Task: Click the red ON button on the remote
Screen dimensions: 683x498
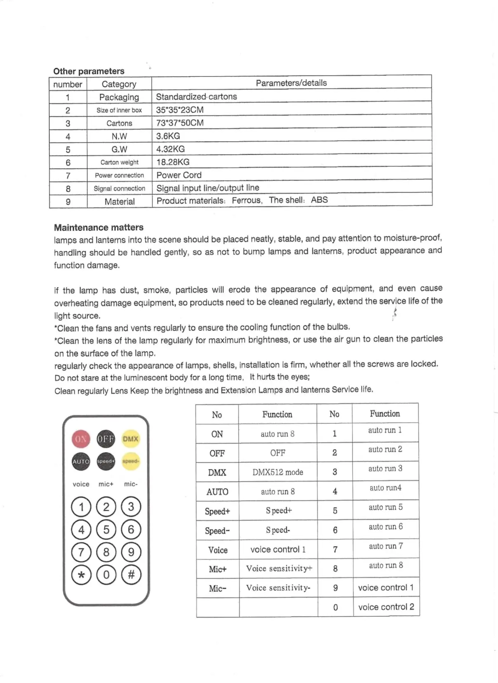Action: click(x=81, y=439)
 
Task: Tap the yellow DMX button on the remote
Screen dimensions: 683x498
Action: click(x=130, y=439)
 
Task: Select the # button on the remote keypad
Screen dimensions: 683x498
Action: click(x=131, y=575)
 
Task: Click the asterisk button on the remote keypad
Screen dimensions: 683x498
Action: click(x=81, y=575)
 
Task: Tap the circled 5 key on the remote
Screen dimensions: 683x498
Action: click(x=106, y=529)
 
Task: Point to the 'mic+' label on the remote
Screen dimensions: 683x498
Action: click(x=106, y=484)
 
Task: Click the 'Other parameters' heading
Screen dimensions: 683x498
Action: click(x=89, y=71)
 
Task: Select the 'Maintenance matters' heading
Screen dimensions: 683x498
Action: click(x=99, y=227)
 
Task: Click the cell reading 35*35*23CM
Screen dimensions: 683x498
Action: click(x=180, y=110)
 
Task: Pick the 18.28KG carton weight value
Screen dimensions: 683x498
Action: click(x=173, y=162)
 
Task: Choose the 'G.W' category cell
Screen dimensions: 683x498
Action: click(x=119, y=149)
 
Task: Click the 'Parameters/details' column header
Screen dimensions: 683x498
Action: click(x=291, y=83)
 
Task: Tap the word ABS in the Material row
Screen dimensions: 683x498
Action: click(x=319, y=200)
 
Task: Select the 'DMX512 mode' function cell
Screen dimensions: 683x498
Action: click(x=278, y=472)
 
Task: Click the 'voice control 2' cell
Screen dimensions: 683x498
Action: click(x=386, y=607)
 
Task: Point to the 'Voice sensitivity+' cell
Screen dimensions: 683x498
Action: click(x=279, y=569)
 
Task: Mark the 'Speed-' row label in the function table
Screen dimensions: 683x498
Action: click(x=217, y=531)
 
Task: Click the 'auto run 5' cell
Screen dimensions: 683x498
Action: click(x=385, y=507)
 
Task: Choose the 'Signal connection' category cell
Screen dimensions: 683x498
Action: click(x=119, y=188)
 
